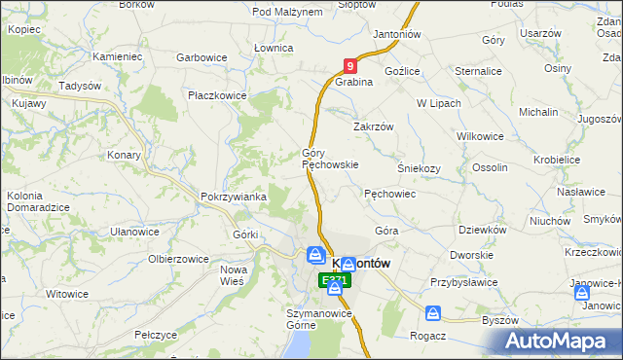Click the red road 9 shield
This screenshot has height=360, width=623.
pos(350,65)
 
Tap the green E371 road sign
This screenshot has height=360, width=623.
pos(334,281)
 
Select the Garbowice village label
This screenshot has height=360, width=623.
pos(202,57)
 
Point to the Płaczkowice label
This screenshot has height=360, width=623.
pos(218,95)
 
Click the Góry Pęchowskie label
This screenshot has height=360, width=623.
pos(331,159)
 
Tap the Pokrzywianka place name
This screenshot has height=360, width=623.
pos(234,197)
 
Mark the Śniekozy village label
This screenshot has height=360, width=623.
pos(419,167)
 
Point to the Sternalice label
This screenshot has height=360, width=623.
pos(477,71)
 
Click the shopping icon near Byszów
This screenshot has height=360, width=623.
pos(433,313)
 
